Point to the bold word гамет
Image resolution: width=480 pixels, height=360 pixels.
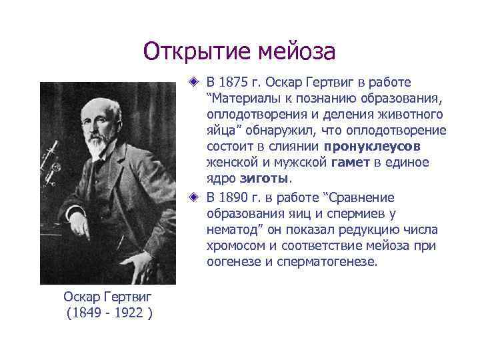pos(349,163)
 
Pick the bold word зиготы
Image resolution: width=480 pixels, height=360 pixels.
pos(268,179)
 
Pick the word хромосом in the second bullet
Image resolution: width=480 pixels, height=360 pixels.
pos(236,247)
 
